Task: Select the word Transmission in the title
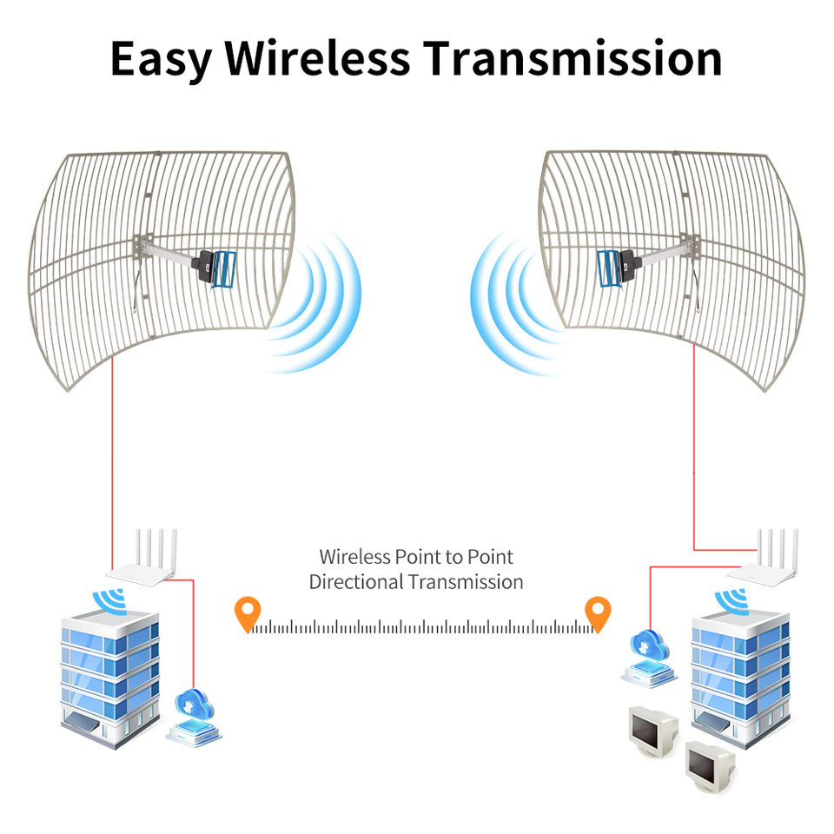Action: [x=573, y=58]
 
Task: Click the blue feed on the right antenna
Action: [x=611, y=268]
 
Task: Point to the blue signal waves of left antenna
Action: [x=321, y=300]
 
